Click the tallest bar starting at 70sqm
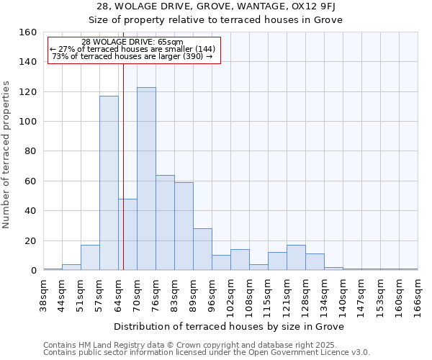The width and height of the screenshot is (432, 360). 146,179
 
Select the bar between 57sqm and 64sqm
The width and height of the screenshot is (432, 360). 109,183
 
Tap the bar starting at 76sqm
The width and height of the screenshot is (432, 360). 165,222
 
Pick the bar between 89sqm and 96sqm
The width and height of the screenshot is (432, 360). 202,249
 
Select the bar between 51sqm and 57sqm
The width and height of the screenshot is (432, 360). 90,258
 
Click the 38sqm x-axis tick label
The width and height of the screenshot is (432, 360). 44,293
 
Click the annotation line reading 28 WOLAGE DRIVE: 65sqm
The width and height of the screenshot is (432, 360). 132,42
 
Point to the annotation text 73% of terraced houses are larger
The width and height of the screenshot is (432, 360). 132,56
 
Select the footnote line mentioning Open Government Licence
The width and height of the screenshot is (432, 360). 207,353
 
